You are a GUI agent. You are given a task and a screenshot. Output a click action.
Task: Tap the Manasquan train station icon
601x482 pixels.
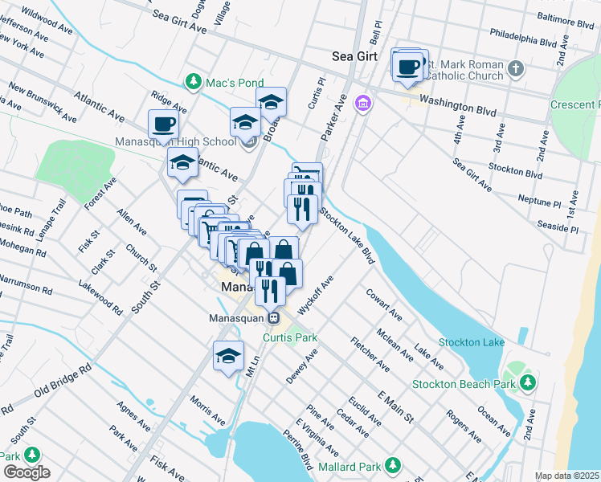273,317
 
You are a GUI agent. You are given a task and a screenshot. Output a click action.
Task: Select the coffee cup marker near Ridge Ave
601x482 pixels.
164,125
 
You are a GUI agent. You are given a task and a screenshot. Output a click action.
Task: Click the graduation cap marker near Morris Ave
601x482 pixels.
228,356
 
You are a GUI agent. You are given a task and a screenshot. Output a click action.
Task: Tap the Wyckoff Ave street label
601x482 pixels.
314,296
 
